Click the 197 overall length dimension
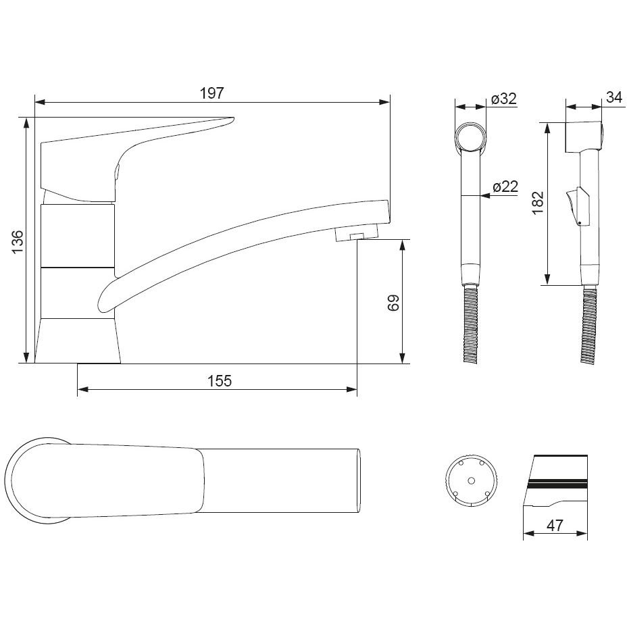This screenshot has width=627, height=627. tap(211, 93)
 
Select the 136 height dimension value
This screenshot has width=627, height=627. tap(18, 241)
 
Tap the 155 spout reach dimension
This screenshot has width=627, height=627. tap(220, 380)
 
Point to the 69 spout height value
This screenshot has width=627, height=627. tap(393, 303)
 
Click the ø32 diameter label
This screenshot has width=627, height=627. tap(504, 99)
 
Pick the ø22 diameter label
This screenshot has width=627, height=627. tap(505, 186)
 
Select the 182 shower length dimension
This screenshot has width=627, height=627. tap(538, 203)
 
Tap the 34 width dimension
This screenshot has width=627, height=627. tap(614, 97)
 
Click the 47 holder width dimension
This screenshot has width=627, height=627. tap(555, 525)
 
